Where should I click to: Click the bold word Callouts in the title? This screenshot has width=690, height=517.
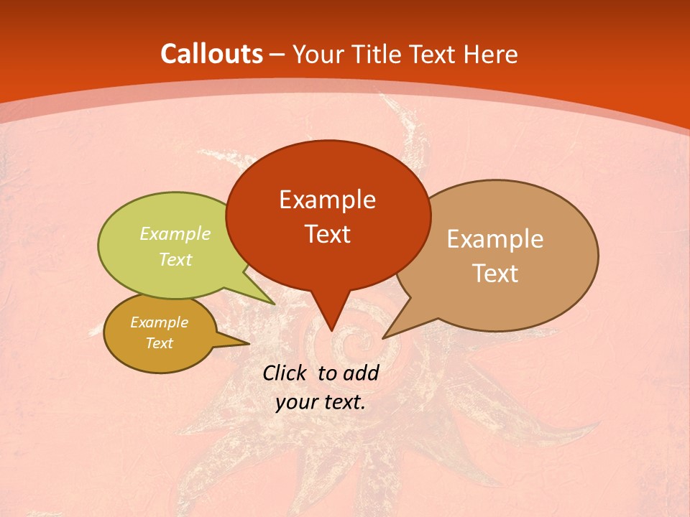click(212, 54)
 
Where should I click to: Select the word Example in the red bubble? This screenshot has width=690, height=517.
click(327, 200)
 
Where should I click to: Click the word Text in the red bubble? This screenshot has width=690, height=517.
click(327, 234)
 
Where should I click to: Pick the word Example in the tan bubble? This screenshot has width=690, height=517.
click(495, 239)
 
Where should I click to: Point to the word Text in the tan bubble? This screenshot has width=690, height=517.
click(495, 274)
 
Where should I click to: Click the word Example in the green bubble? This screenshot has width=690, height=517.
click(175, 233)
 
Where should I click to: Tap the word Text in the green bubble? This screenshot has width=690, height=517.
click(175, 259)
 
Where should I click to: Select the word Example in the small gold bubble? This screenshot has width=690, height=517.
click(159, 322)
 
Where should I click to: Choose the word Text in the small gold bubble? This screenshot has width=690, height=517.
click(159, 343)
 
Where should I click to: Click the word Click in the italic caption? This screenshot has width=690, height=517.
click(285, 373)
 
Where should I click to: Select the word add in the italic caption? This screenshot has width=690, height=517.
click(361, 373)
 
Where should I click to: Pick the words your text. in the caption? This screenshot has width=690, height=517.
click(321, 402)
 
